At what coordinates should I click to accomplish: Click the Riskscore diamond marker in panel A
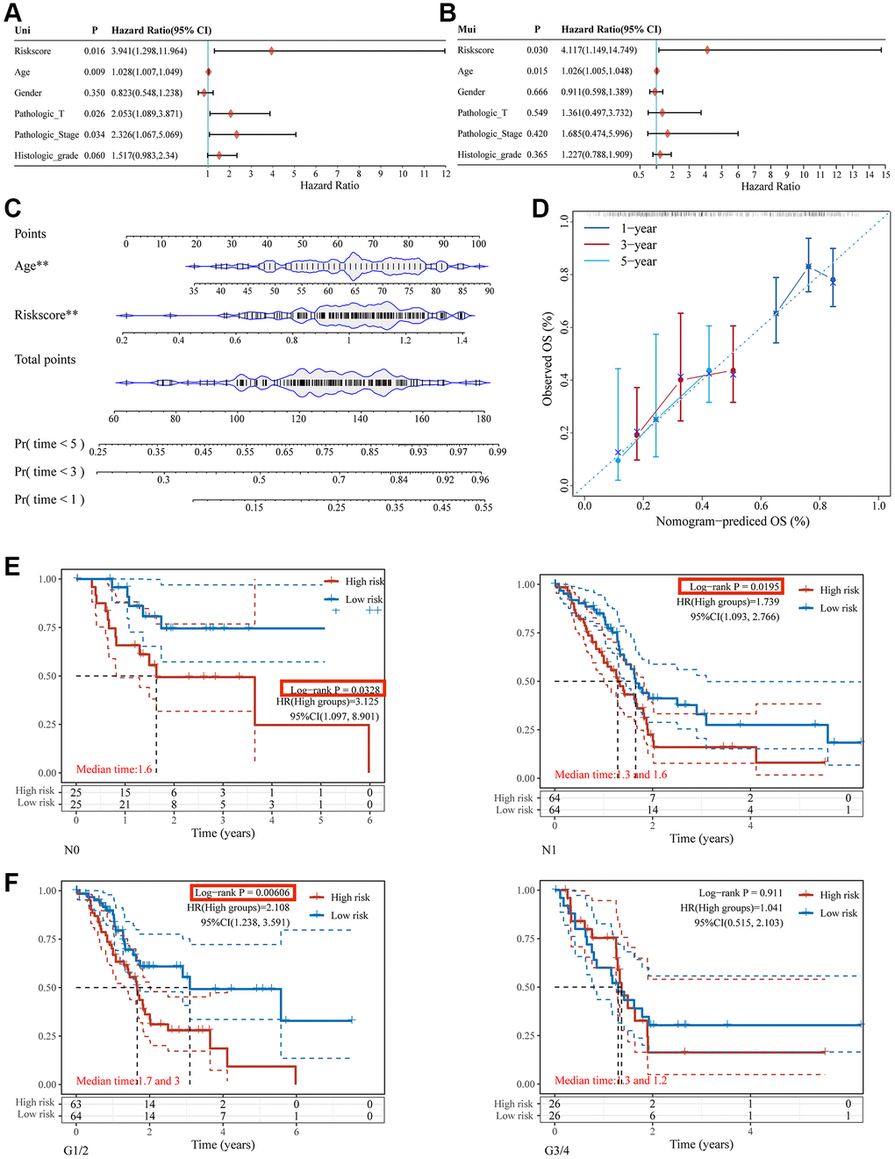pyautogui.click(x=272, y=51)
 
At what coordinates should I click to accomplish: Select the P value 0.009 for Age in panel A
pyautogui.click(x=95, y=72)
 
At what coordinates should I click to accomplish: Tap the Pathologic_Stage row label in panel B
pyautogui.click(x=490, y=134)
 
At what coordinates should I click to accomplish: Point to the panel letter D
pyautogui.click(x=541, y=209)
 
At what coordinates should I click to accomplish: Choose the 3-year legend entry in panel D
pyautogui.click(x=638, y=246)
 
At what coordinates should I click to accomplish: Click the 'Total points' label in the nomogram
pyautogui.click(x=45, y=360)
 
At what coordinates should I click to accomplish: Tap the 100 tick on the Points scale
pyautogui.click(x=478, y=244)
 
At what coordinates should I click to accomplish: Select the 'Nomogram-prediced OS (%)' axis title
pyautogui.click(x=733, y=521)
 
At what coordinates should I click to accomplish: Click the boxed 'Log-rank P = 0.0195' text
pyautogui.click(x=730, y=586)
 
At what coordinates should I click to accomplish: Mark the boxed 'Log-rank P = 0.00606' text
pyautogui.click(x=243, y=892)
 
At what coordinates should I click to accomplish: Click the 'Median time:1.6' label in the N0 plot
pyautogui.click(x=114, y=769)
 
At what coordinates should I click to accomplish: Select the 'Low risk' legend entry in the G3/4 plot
pyautogui.click(x=838, y=913)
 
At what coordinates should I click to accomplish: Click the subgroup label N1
pyautogui.click(x=548, y=850)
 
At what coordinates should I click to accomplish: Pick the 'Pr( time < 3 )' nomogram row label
pyautogui.click(x=49, y=472)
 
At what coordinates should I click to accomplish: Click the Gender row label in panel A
pyautogui.click(x=28, y=93)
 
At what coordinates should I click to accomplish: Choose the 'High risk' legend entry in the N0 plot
pyautogui.click(x=364, y=582)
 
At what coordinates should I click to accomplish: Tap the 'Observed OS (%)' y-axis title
pyautogui.click(x=548, y=358)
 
